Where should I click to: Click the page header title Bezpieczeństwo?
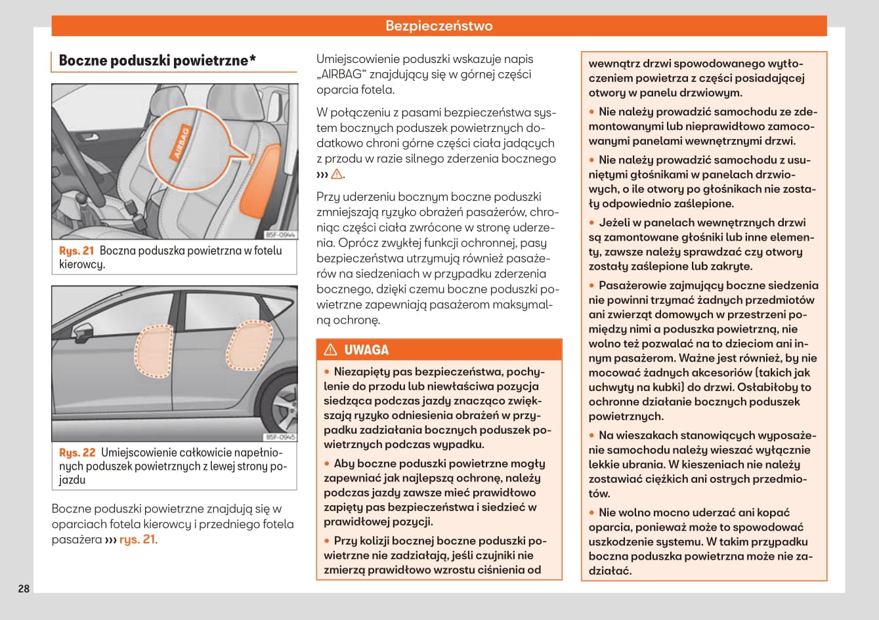(439, 26)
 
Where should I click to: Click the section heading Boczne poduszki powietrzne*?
(157, 61)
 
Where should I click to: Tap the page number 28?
(24, 589)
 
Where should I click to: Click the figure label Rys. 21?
(77, 251)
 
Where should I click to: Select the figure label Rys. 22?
(77, 453)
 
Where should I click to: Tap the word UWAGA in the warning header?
(366, 350)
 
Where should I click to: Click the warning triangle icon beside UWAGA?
(330, 350)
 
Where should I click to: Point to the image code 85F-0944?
(280, 234)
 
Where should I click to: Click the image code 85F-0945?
(280, 436)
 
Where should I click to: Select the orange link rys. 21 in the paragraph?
(137, 539)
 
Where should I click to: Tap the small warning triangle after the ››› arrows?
(337, 174)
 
